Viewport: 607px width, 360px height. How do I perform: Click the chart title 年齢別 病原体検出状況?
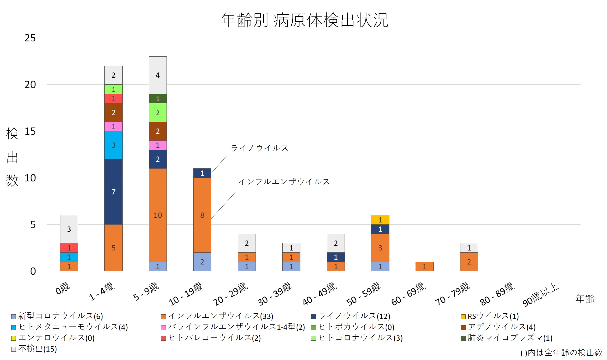click(x=304, y=20)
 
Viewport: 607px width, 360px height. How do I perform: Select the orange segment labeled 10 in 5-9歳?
click(x=158, y=215)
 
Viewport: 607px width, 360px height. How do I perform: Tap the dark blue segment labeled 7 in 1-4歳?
click(x=113, y=192)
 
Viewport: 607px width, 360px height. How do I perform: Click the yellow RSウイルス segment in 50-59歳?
click(x=380, y=220)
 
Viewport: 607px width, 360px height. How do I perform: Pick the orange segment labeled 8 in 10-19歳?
click(x=202, y=215)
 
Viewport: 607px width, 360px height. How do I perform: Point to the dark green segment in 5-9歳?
click(x=158, y=99)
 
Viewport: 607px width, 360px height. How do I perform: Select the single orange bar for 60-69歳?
click(x=424, y=266)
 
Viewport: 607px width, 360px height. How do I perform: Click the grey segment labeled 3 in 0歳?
click(x=69, y=229)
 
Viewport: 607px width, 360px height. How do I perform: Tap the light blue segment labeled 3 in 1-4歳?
click(x=113, y=145)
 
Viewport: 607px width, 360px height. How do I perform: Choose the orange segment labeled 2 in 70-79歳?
click(x=469, y=262)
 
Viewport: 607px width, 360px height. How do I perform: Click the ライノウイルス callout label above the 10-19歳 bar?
click(x=259, y=148)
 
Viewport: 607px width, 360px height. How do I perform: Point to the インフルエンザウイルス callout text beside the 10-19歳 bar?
click(x=284, y=181)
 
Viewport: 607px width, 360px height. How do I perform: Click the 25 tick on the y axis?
click(x=30, y=38)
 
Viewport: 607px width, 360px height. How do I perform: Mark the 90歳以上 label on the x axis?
click(x=541, y=295)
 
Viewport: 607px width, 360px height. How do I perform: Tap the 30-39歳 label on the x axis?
click(x=275, y=294)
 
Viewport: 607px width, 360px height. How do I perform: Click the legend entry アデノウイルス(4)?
click(x=501, y=327)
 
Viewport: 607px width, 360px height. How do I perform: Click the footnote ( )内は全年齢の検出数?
click(x=561, y=353)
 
